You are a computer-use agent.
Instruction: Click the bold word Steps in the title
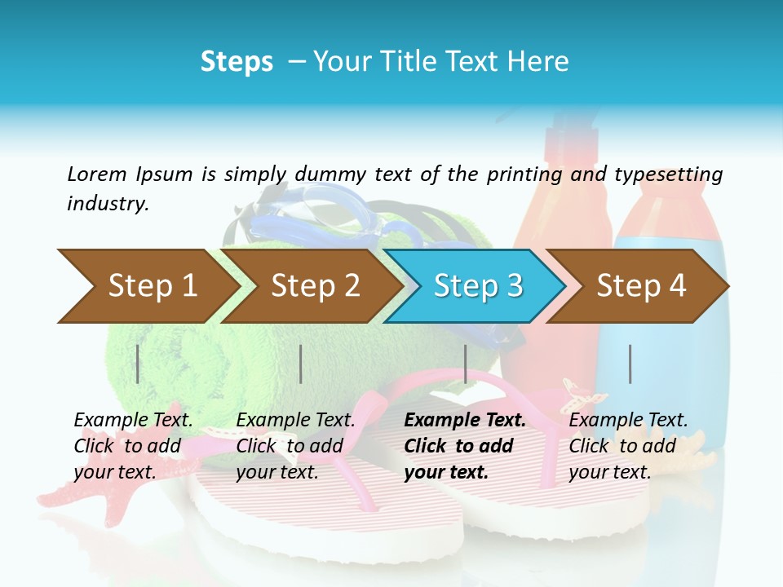237,62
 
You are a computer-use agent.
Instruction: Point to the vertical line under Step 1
138,364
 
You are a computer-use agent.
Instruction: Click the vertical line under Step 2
301,364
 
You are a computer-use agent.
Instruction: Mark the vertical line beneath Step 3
465,364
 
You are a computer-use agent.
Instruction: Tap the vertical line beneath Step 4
630,364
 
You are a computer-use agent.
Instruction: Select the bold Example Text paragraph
464,446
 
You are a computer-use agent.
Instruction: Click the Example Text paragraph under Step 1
133,446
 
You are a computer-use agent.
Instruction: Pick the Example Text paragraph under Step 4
627,446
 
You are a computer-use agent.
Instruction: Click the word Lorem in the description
97,174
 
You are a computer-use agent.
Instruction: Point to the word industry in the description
107,204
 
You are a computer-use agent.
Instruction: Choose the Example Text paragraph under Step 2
295,446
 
